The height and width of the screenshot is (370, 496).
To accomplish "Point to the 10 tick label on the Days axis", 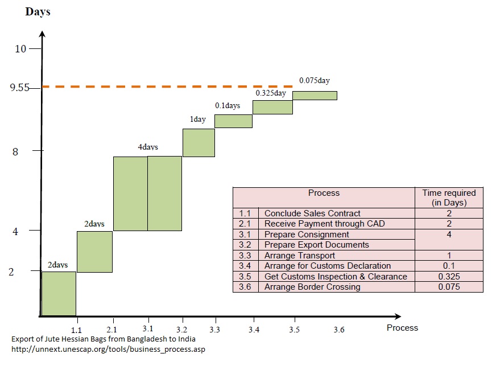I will coord(20,48).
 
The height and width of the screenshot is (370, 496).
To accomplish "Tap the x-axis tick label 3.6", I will coord(338,330).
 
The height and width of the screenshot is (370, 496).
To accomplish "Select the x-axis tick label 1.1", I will coord(77,330).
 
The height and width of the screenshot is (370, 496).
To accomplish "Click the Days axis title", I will coord(38,12).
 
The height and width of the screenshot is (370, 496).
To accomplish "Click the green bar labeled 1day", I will coord(199,142).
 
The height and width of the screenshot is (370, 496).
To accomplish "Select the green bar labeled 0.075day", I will coord(315,95).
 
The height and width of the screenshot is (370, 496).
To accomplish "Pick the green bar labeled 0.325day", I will coord(272,107).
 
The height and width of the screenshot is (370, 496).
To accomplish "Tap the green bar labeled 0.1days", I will coord(233,121).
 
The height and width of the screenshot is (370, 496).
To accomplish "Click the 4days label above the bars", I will coord(148,147).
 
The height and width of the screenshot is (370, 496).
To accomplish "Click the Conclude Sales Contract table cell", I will coord(312,213).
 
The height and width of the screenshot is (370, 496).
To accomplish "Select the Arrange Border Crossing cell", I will coord(312,287).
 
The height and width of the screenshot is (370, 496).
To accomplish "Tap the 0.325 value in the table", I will coord(449,277).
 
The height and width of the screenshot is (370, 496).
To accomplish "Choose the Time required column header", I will coord(449,198).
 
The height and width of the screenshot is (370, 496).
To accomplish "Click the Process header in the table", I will coord(324,193).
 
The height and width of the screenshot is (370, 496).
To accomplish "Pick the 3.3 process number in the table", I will coord(245,256).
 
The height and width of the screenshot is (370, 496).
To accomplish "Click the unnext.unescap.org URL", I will coord(108,349).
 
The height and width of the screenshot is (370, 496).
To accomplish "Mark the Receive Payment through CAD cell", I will coord(324,224).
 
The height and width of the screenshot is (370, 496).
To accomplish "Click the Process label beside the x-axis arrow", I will coord(402,327).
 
